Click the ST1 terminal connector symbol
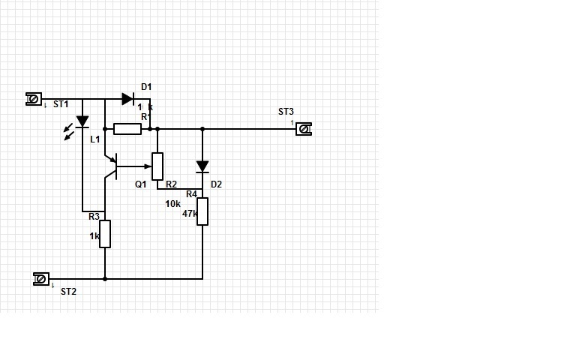(34, 99)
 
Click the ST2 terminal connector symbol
(41, 279)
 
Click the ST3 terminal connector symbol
(303, 129)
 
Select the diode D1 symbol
(127, 99)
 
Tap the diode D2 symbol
(202, 166)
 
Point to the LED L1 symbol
(82, 121)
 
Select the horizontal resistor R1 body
(127, 129)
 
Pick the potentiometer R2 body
(157, 166)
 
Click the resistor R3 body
(105, 233)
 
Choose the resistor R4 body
(202, 211)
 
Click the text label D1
(146, 87)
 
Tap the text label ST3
(286, 112)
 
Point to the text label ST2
(68, 292)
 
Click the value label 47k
(190, 214)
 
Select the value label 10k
(173, 203)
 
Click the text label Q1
(141, 184)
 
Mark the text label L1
(95, 139)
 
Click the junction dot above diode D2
(202, 129)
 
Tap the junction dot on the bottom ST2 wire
(105, 279)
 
